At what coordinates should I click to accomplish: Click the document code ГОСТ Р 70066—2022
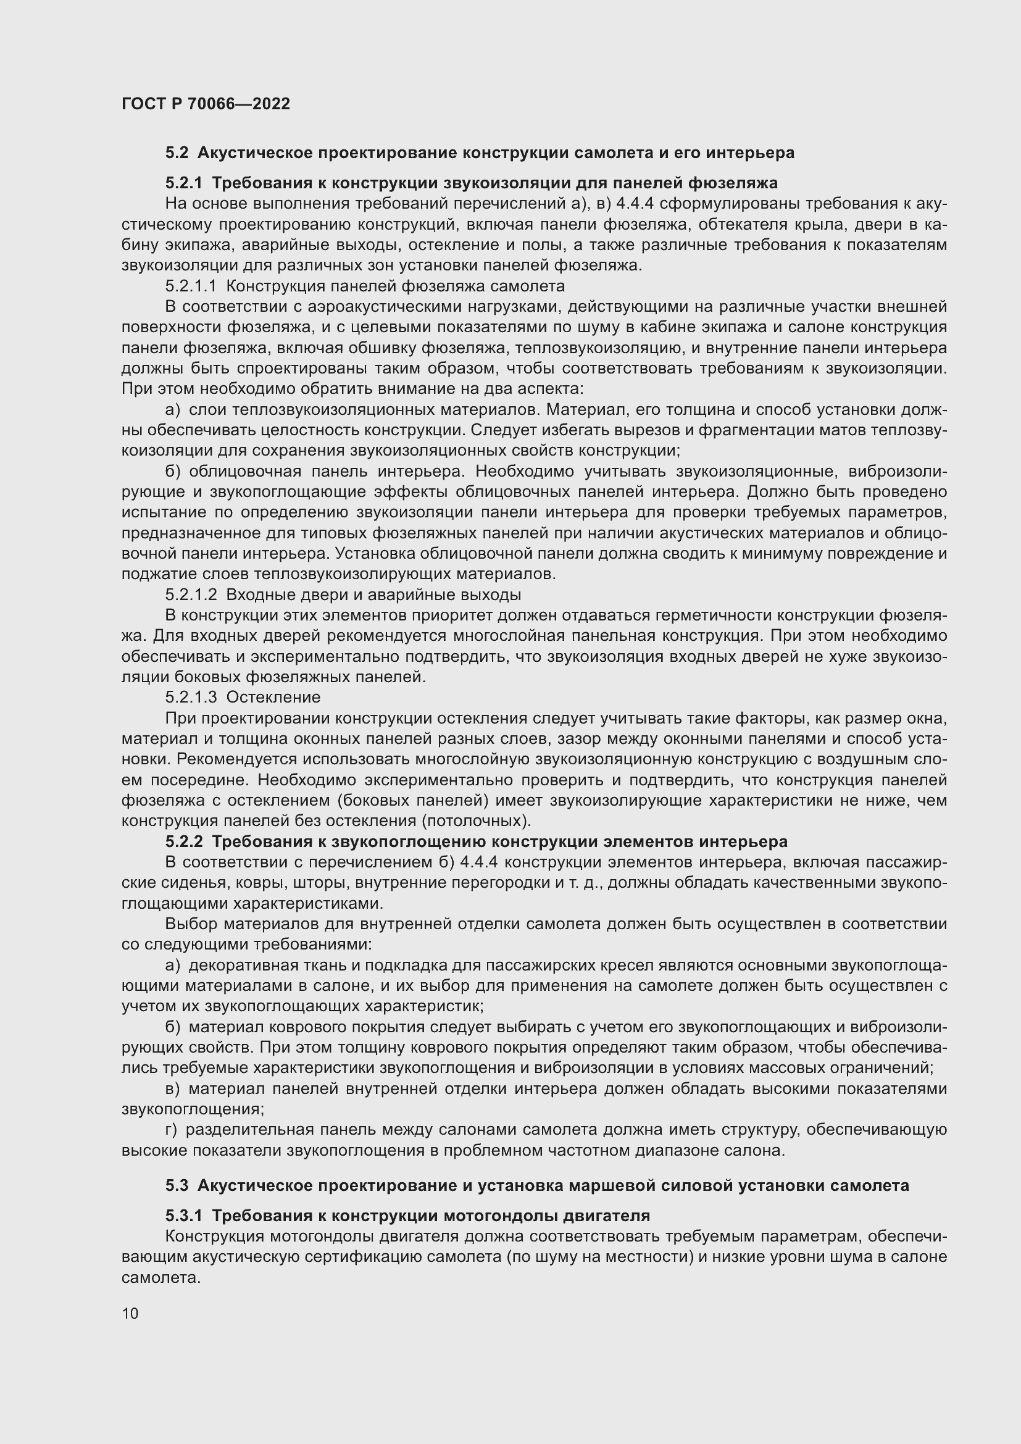click(206, 104)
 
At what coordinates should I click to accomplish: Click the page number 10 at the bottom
click(130, 1313)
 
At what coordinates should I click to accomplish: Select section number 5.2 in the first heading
click(177, 153)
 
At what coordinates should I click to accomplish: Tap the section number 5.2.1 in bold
click(183, 183)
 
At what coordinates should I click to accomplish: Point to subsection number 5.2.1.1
click(191, 286)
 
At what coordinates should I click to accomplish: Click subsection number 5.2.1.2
click(191, 595)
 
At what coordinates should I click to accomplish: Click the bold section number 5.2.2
click(183, 841)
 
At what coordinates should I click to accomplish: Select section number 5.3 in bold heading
click(177, 1185)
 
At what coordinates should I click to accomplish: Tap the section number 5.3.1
click(183, 1216)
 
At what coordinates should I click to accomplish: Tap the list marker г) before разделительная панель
click(172, 1130)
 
